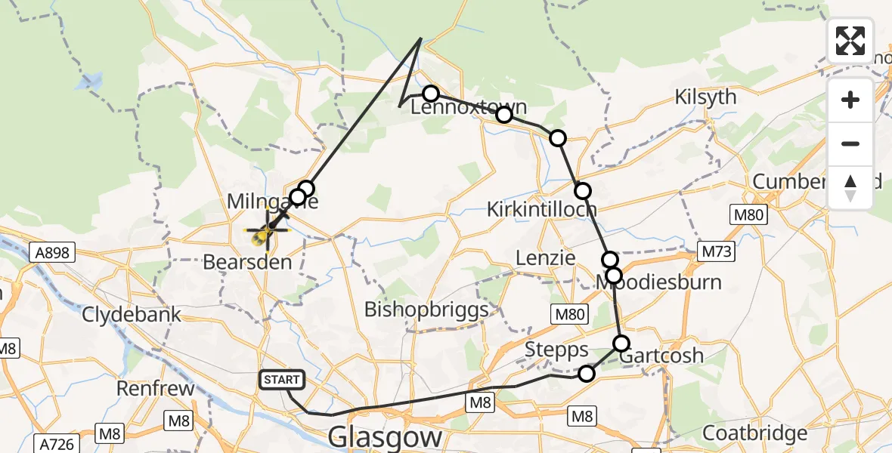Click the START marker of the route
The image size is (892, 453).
pos(283,380)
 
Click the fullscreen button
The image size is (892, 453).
pos(850,41)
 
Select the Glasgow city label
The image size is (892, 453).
pos(386,437)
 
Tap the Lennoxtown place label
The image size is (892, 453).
pos(469,108)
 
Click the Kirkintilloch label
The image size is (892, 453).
pos(542,209)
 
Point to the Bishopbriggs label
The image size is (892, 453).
pos(426,310)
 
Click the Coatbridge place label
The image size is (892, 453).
pos(755,433)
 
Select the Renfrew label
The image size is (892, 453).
pos(156,389)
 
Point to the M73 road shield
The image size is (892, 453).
pos(715,251)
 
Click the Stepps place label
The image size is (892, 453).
pos(557,350)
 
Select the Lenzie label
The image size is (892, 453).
pos(545,257)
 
